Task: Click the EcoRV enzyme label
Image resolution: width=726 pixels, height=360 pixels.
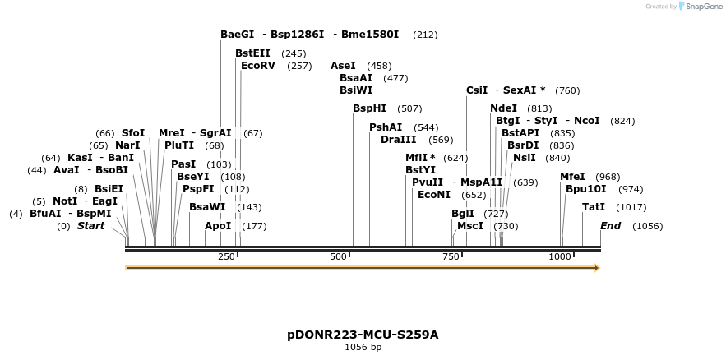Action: (258, 66)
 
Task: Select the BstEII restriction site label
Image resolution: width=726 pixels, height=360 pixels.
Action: (252, 53)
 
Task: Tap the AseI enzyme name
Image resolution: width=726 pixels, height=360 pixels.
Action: (343, 66)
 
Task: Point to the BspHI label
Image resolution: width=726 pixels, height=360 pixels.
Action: (369, 108)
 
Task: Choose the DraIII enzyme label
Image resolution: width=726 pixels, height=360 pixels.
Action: (399, 140)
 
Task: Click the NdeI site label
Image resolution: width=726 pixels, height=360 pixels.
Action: (503, 108)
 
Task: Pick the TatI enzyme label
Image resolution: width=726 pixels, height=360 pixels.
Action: (593, 207)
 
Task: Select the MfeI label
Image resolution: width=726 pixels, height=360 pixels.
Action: (572, 177)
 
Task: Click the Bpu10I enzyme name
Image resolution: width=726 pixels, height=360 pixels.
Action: (585, 189)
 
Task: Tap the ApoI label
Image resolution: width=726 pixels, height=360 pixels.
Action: (218, 226)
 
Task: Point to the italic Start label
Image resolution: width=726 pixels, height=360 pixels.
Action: (90, 226)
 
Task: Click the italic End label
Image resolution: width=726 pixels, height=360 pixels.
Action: (610, 226)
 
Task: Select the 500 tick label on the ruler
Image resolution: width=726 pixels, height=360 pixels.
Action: (337, 257)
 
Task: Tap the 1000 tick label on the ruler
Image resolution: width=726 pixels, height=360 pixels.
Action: (559, 257)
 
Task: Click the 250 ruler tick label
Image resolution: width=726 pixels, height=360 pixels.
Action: (226, 257)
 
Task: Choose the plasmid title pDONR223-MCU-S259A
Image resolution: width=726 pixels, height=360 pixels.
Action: (363, 335)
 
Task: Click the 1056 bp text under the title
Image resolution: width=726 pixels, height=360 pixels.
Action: (363, 348)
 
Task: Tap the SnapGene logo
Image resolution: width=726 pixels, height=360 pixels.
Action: (701, 7)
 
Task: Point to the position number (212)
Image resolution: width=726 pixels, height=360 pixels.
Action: (425, 35)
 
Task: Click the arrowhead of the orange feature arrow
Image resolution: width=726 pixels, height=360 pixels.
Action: (597, 268)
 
